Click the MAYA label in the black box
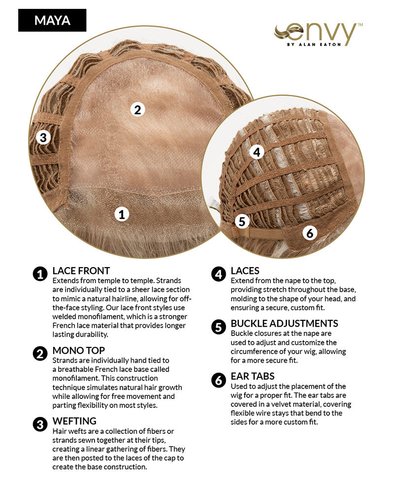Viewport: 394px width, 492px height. click(52, 20)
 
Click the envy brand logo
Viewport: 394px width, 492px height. click(318, 34)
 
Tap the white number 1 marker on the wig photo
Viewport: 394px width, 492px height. click(122, 215)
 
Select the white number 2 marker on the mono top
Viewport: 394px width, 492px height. click(137, 110)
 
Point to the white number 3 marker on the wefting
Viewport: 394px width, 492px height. click(43, 137)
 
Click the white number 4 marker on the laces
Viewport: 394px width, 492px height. click(257, 152)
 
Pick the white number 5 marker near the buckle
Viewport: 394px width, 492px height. click(242, 221)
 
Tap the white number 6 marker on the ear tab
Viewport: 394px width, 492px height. click(310, 233)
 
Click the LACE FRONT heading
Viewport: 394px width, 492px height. click(81, 271)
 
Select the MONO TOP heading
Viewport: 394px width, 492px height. click(78, 350)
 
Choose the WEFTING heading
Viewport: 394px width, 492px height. click(74, 421)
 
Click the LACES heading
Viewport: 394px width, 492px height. click(245, 271)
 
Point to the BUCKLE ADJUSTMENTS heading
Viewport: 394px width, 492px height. click(284, 324)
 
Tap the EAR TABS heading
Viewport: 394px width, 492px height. click(253, 376)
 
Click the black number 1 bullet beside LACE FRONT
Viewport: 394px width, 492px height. click(40, 274)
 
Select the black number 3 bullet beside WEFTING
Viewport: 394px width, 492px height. click(40, 425)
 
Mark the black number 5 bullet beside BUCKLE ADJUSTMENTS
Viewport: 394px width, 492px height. click(219, 327)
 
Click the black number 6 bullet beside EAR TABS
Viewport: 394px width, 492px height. click(219, 380)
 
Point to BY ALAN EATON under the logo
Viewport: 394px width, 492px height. click(314, 45)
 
